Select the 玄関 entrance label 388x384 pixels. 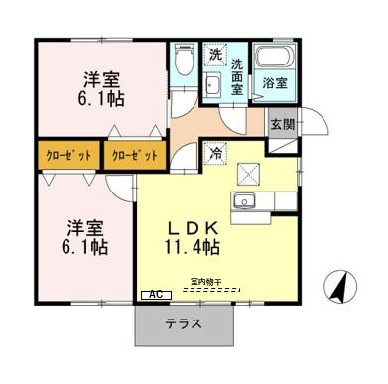(282, 124)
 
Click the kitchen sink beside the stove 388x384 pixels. (243, 204)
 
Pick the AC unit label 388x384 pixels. (155, 295)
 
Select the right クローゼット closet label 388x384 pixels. (132, 156)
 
